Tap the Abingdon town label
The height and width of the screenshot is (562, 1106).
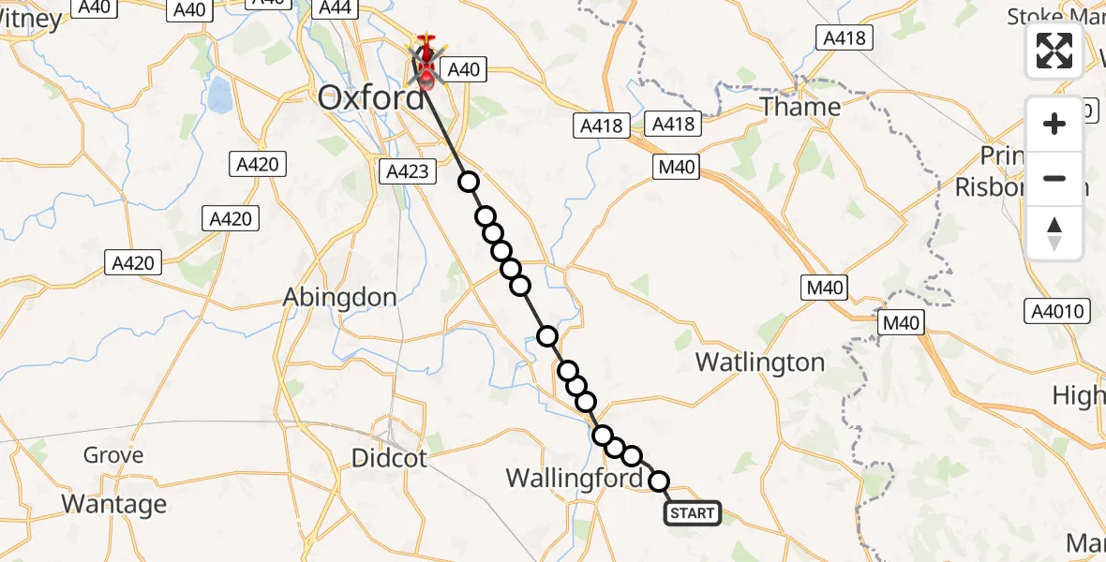tap(340, 297)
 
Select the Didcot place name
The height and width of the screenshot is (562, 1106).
tap(389, 458)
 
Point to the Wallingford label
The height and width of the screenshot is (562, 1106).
tap(575, 479)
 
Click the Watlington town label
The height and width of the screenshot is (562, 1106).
tap(760, 362)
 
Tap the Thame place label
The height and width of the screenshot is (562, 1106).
tap(800, 107)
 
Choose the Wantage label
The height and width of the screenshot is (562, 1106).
tap(113, 504)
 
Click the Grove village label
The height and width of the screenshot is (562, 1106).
tap(113, 455)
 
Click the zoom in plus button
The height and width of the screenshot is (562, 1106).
tap(1054, 124)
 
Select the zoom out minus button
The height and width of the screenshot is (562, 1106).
tap(1054, 178)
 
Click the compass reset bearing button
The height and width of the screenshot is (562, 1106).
tap(1054, 232)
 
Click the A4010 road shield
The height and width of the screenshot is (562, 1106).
tap(1057, 312)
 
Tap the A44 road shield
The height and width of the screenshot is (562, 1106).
tap(335, 8)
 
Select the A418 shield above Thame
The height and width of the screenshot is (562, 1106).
tap(844, 37)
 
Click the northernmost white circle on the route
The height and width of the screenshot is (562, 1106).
tap(468, 182)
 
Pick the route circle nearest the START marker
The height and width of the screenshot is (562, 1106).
tap(660, 481)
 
